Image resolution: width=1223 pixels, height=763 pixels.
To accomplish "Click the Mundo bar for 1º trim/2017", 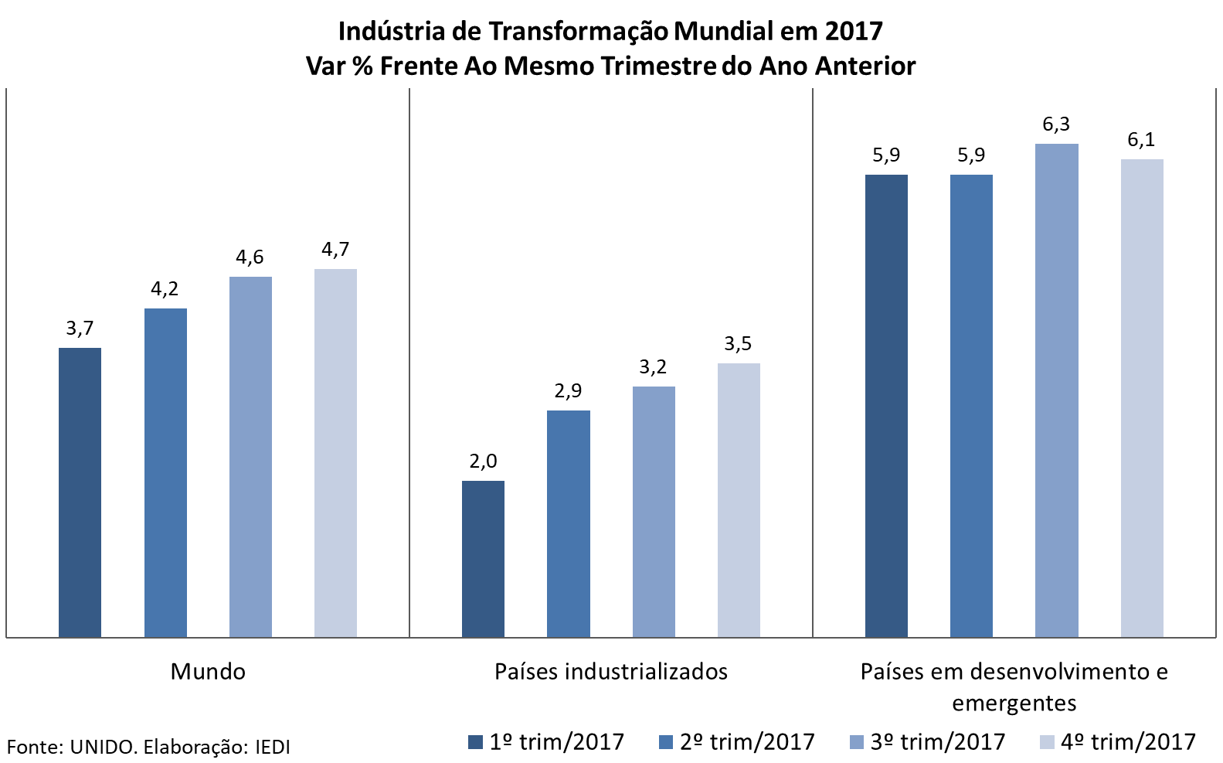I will tap(80, 492).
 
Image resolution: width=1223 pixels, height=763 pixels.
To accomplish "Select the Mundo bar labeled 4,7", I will tap(335, 453).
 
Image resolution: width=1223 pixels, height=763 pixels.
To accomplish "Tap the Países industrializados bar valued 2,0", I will tap(483, 559).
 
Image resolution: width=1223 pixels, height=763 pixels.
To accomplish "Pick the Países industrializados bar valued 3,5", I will tap(739, 500).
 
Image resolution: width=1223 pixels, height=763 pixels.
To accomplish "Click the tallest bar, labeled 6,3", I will tap(1056, 390).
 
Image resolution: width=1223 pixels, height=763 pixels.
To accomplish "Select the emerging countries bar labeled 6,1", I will tap(1142, 398).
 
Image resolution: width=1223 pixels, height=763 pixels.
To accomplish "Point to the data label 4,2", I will tap(165, 289).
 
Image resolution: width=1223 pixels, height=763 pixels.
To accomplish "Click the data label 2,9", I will tap(568, 391).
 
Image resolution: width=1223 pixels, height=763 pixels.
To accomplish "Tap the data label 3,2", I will tap(653, 367).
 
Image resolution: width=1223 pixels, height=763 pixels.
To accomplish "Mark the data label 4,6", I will tap(250, 257).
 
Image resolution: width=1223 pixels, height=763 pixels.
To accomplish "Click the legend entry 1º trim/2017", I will tap(546, 742).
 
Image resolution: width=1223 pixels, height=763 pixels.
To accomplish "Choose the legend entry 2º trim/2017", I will tap(737, 742).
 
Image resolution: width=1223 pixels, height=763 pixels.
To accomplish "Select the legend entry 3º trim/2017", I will tap(928, 742).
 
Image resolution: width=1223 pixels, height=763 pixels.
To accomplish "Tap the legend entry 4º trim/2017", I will tap(1118, 742).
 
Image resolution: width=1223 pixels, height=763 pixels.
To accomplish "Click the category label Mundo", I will tap(208, 671).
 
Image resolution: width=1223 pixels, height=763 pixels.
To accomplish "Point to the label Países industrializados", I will tap(611, 671).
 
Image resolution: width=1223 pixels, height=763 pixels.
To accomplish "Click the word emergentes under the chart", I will tap(1014, 703).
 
